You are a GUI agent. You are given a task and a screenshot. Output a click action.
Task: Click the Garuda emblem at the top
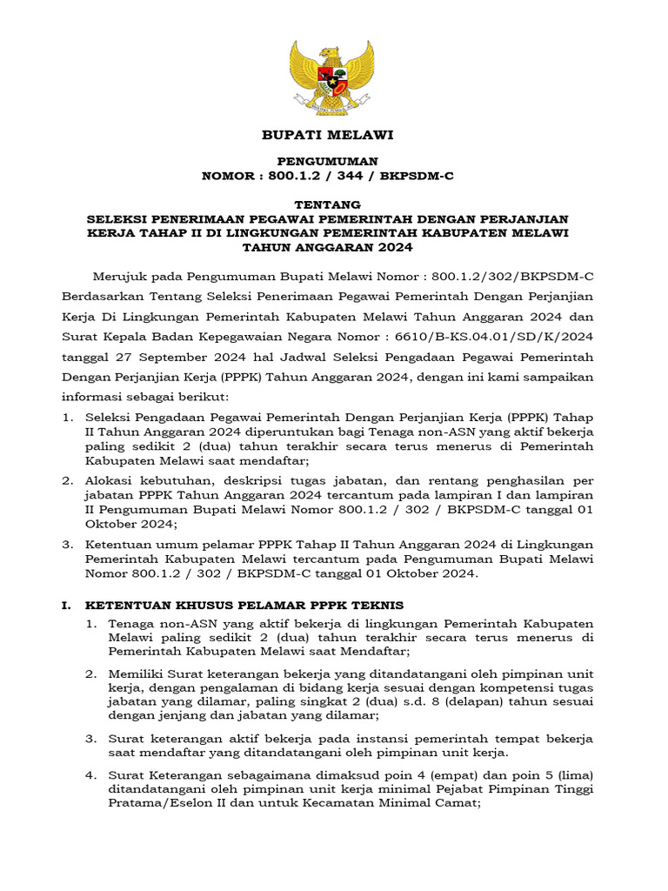click(334, 77)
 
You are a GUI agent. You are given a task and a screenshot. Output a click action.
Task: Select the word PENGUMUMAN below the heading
click(328, 161)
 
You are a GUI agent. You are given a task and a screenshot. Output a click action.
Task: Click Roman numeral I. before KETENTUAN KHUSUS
click(66, 604)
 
